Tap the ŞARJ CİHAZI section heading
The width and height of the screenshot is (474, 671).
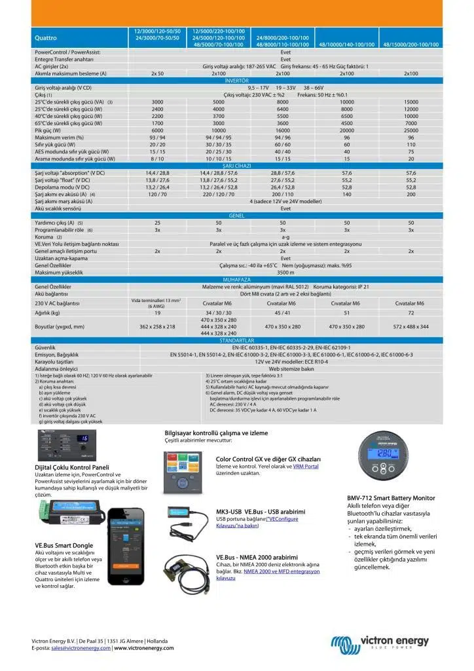(x=236, y=166)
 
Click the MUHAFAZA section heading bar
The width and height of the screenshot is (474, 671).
(x=236, y=280)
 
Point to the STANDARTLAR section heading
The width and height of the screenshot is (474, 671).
(x=236, y=341)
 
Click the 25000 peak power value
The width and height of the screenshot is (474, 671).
(x=410, y=130)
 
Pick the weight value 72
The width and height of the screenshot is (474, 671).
(x=410, y=313)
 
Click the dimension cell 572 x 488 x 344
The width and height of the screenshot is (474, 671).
(x=410, y=326)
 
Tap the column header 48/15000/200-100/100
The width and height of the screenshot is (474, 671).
(x=410, y=45)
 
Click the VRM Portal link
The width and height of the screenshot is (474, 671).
(x=306, y=466)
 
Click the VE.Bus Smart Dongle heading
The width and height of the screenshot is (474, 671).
(x=64, y=545)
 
